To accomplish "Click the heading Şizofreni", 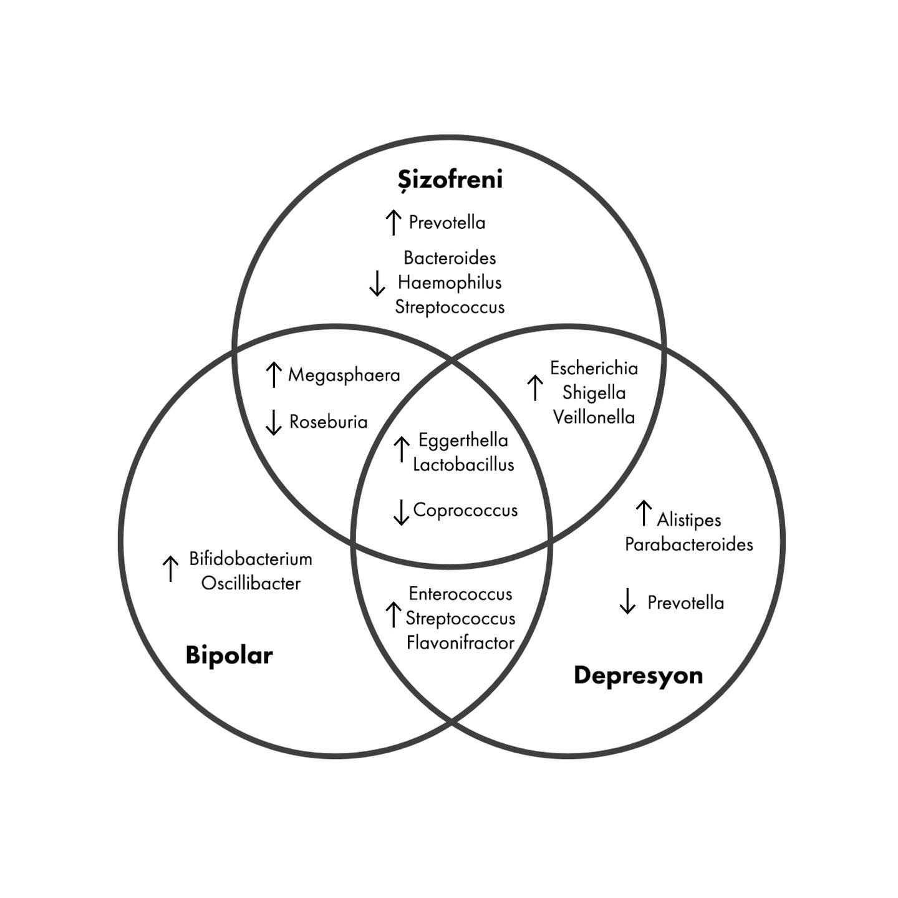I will (450, 180).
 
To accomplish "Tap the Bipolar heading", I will (229, 655).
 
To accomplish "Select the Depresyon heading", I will (638, 675).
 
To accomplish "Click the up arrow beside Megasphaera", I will (273, 374).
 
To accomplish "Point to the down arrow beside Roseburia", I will (273, 422).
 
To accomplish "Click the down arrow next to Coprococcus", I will (401, 511).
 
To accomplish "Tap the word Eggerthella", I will (463, 440).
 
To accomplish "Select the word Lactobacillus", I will (463, 465).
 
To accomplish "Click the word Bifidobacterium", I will (251, 559).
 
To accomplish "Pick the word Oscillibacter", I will (251, 584).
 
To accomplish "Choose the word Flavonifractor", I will (460, 643).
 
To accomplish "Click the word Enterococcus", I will (460, 594).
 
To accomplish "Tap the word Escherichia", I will (594, 369).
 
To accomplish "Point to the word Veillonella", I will (594, 417).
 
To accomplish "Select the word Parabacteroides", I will (688, 544).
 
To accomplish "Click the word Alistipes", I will (688, 519).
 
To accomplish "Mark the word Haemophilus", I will (450, 282).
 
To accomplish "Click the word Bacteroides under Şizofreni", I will (450, 258).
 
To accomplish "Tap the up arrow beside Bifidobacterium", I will (170, 568).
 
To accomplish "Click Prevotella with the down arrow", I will (685, 602).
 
